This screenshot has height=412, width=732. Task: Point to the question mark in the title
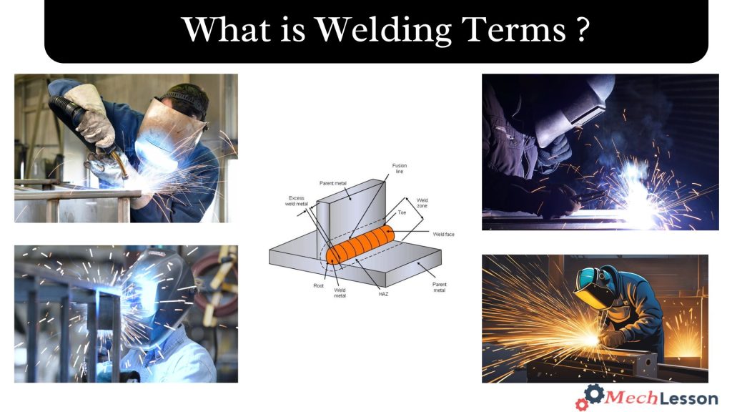(580, 30)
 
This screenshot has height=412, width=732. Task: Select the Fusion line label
(400, 169)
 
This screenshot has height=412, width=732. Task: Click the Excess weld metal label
(297, 202)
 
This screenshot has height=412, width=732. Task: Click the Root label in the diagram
(318, 286)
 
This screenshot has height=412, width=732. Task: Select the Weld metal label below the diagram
(340, 293)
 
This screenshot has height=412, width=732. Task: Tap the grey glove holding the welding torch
(94, 114)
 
